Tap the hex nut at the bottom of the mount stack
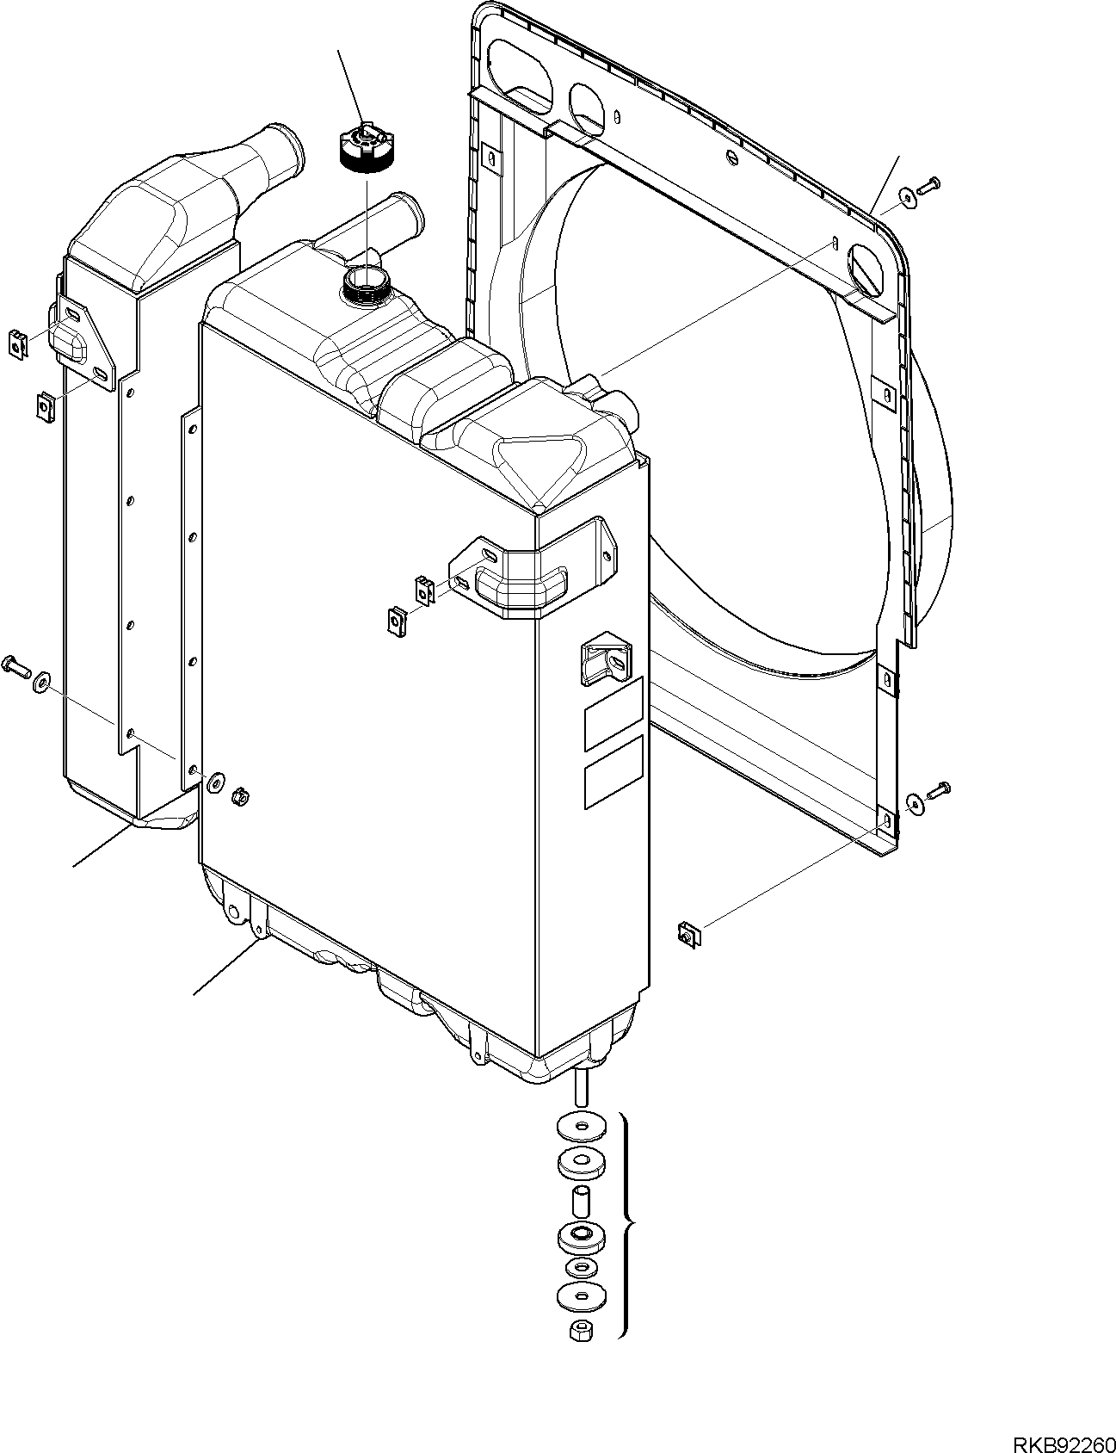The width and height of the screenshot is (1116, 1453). (x=578, y=1332)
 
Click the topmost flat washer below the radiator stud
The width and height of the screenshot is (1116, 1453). (x=581, y=1126)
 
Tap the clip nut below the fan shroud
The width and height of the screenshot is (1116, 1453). (x=688, y=933)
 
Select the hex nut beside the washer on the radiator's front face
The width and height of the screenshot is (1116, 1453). (x=242, y=797)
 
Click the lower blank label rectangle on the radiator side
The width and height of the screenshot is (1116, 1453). (x=613, y=772)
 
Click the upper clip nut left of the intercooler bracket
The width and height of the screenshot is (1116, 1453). (x=18, y=342)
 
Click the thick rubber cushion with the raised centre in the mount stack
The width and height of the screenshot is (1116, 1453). (x=581, y=1237)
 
